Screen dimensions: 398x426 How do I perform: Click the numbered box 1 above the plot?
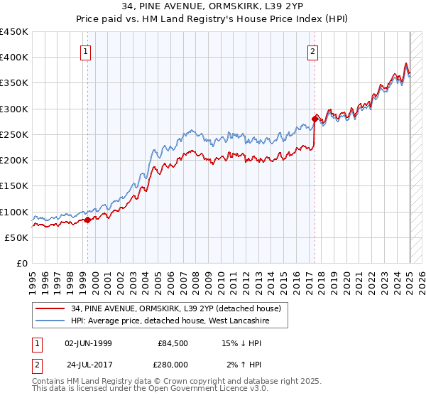tap(85, 50)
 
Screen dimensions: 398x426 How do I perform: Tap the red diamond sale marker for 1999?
tap(87, 220)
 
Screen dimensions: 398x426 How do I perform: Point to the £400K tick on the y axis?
tap(14, 58)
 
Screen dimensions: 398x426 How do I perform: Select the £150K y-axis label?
tap(14, 186)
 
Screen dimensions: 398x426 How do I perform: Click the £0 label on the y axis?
tap(21, 264)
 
